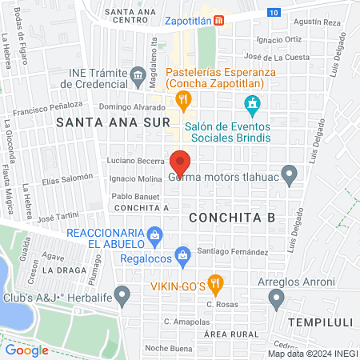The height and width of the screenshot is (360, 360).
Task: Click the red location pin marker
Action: point(180,163)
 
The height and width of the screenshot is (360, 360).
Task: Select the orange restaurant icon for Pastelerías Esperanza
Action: point(184,99)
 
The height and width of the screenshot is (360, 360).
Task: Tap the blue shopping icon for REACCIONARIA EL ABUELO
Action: point(155,235)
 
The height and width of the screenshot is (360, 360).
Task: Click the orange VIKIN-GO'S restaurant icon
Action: point(214,282)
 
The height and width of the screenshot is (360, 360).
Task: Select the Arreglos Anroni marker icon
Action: point(277,299)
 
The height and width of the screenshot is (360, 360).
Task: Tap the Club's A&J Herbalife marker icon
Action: point(122,296)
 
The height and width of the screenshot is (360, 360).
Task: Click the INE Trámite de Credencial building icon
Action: point(137,77)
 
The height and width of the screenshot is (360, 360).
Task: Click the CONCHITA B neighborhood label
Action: point(232,216)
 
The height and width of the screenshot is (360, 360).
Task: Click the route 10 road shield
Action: point(274,13)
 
